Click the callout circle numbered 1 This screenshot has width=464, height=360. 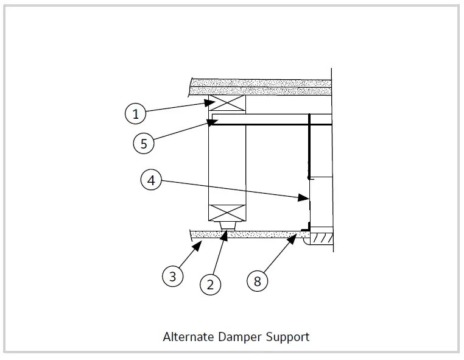coord(136,113)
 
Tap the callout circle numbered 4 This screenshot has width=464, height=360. coord(152,180)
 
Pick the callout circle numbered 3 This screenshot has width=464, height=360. coord(173,276)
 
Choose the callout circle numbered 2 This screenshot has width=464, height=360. coord(211,284)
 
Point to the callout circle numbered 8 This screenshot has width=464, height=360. coord(258,281)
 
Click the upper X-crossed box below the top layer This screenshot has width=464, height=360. coord(227,105)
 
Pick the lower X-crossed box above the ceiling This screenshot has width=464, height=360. coord(227,213)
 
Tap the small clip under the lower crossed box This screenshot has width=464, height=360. coord(227,227)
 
